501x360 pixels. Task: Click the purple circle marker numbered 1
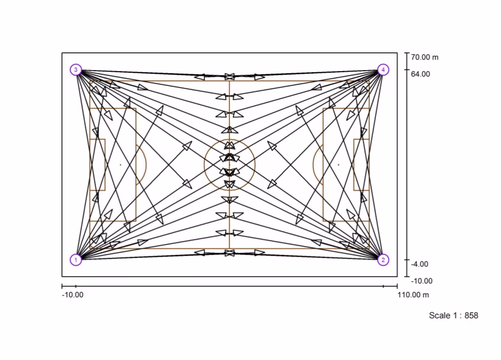click(76, 260)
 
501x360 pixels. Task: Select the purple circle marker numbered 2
click(383, 260)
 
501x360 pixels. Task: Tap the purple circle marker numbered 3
click(76, 70)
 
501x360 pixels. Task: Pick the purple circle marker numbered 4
click(383, 70)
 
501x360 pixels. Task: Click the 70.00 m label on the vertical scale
click(425, 57)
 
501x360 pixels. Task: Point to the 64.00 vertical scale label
click(421, 74)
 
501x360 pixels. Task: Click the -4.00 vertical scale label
click(420, 264)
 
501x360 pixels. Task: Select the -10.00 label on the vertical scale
click(421, 281)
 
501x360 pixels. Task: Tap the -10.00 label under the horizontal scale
click(73, 295)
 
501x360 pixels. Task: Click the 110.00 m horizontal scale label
click(413, 295)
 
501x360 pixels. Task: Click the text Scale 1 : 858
click(453, 316)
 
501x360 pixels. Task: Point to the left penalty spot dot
click(120, 165)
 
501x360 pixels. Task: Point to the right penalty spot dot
click(339, 165)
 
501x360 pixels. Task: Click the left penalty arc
click(146, 165)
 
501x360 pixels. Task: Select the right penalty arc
click(313, 165)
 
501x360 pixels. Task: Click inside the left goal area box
click(98, 165)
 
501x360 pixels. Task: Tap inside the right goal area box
click(361, 165)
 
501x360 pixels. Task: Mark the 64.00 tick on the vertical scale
click(407, 70)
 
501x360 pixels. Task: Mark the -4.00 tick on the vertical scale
click(407, 260)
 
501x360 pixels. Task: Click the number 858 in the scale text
click(472, 316)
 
